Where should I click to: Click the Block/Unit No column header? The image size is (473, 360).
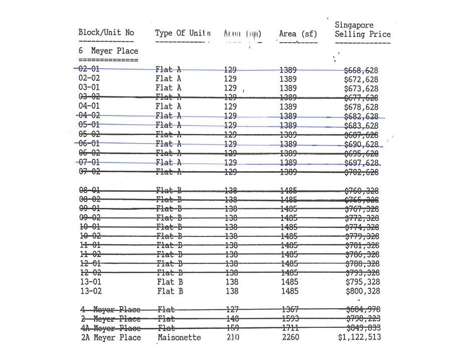[106, 33]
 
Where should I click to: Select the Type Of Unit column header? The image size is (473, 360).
[183, 33]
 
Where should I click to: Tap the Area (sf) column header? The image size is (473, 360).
[298, 34]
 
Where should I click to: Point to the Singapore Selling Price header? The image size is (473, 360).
[362, 30]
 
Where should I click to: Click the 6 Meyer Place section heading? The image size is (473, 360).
[108, 51]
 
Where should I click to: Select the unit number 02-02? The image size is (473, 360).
[89, 78]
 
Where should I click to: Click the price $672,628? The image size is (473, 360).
[361, 79]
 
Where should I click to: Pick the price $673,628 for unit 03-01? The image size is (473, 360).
[361, 89]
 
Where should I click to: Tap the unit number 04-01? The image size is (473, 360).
[89, 106]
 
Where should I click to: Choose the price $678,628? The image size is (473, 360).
[361, 107]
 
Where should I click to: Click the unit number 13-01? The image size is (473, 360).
[90, 282]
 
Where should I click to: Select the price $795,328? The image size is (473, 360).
[362, 282]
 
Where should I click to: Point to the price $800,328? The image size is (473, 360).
[362, 291]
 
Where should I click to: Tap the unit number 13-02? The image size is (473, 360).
[90, 291]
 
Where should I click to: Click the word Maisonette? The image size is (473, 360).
[179, 337]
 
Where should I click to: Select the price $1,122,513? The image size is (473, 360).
[359, 337]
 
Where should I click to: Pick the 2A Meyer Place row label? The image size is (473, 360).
[111, 337]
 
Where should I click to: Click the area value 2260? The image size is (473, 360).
[290, 337]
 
